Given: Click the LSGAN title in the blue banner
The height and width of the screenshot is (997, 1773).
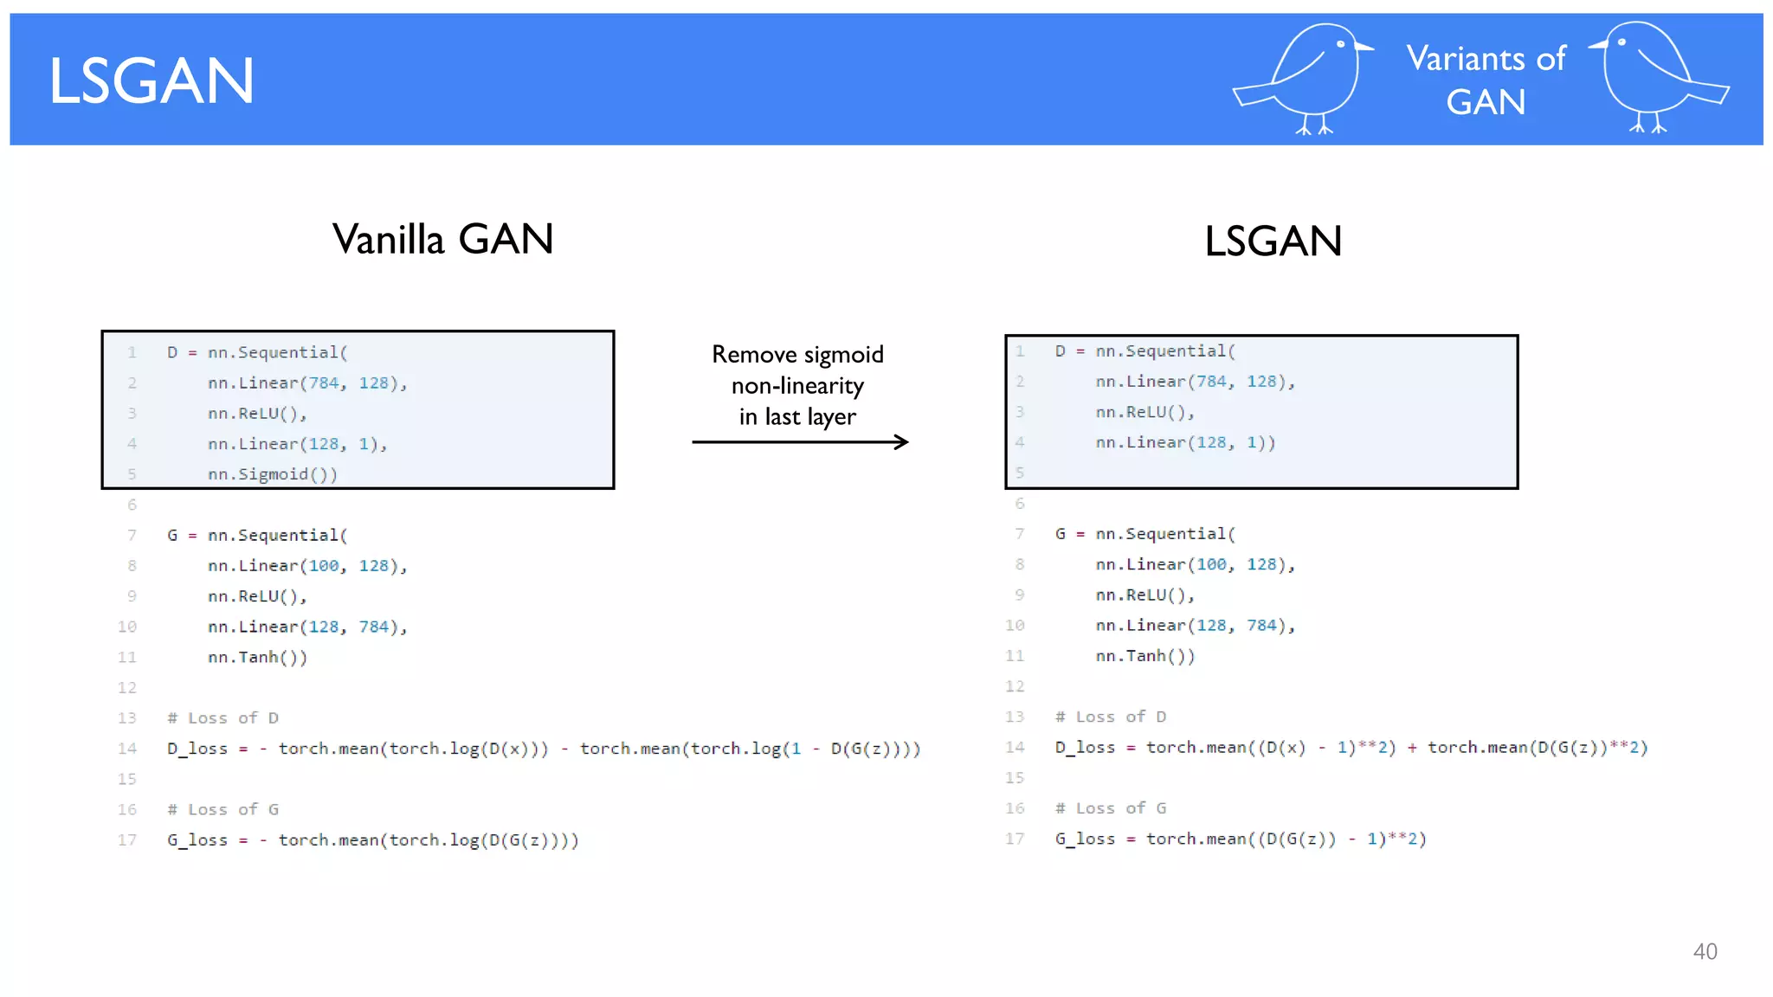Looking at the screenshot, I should pyautogui.click(x=152, y=81).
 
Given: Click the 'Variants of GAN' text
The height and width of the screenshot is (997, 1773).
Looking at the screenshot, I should pyautogui.click(x=1486, y=80).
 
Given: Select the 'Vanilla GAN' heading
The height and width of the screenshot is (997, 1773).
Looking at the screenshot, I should pyautogui.click(x=442, y=239).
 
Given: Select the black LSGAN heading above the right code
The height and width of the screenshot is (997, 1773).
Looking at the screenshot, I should pyautogui.click(x=1273, y=241).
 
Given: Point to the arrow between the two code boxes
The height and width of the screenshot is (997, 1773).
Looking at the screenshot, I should pyautogui.click(x=800, y=442).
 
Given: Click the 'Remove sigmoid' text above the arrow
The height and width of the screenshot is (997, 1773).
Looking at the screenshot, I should pyautogui.click(x=797, y=354).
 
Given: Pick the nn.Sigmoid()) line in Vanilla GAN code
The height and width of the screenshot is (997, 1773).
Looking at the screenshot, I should pyautogui.click(x=272, y=474).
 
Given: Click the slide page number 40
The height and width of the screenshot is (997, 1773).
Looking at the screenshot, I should pyautogui.click(x=1705, y=952).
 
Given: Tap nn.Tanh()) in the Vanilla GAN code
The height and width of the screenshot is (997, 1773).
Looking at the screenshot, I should pyautogui.click(x=257, y=657).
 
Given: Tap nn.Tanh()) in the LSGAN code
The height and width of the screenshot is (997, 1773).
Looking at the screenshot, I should pyautogui.click(x=1144, y=656).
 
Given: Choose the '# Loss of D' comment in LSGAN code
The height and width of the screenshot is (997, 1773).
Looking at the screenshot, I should pyautogui.click(x=1110, y=717).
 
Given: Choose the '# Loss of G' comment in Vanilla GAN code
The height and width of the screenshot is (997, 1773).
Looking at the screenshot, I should pyautogui.click(x=222, y=809).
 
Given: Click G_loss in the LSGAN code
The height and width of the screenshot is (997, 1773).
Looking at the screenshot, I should pyautogui.click(x=1085, y=839).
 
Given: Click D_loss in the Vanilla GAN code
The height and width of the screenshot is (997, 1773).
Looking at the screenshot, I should pyautogui.click(x=197, y=749).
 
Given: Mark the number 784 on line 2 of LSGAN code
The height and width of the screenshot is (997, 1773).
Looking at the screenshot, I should pyautogui.click(x=1211, y=382).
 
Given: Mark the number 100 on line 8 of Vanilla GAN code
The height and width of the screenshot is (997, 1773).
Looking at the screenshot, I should pyautogui.click(x=324, y=566).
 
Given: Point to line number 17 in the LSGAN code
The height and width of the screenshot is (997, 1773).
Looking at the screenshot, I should pyautogui.click(x=1015, y=839).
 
